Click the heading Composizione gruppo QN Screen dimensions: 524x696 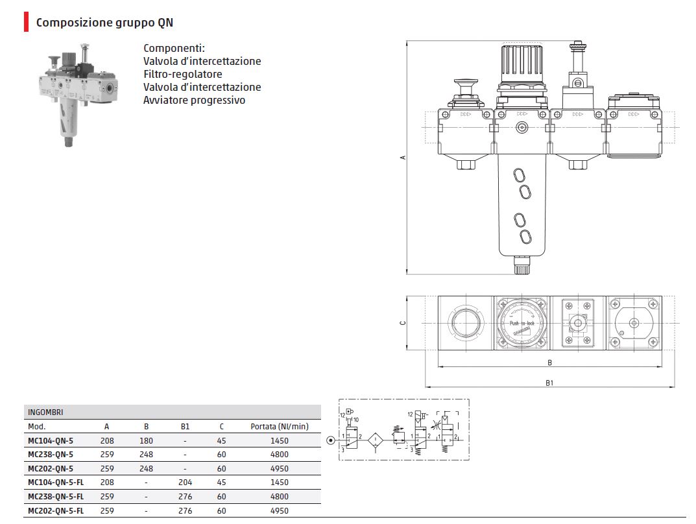[104, 23]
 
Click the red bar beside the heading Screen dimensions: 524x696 [26, 23]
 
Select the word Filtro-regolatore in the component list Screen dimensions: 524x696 [182, 74]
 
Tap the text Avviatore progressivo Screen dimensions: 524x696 [194, 100]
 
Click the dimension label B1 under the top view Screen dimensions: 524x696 [549, 383]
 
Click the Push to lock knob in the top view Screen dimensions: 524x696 [522, 323]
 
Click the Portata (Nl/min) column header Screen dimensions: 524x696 [280, 426]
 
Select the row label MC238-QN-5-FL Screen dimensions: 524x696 [55, 496]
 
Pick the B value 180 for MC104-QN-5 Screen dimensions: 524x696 [147, 440]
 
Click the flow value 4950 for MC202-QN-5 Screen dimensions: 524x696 [280, 468]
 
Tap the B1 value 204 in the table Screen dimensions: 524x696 [185, 482]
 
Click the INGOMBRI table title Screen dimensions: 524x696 [45, 412]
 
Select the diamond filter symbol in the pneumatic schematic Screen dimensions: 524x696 [376, 441]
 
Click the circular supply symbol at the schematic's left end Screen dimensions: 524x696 [331, 441]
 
